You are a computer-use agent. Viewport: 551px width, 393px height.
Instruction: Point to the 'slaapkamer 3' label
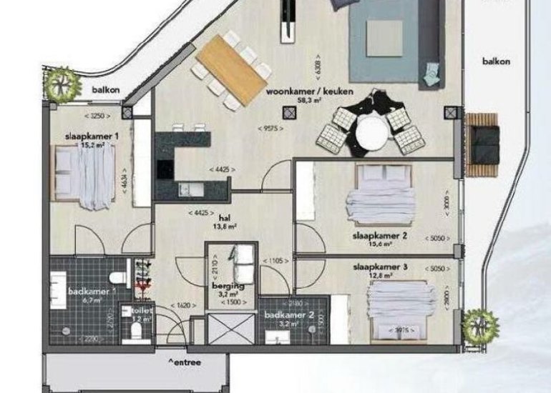click(x=381, y=267)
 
